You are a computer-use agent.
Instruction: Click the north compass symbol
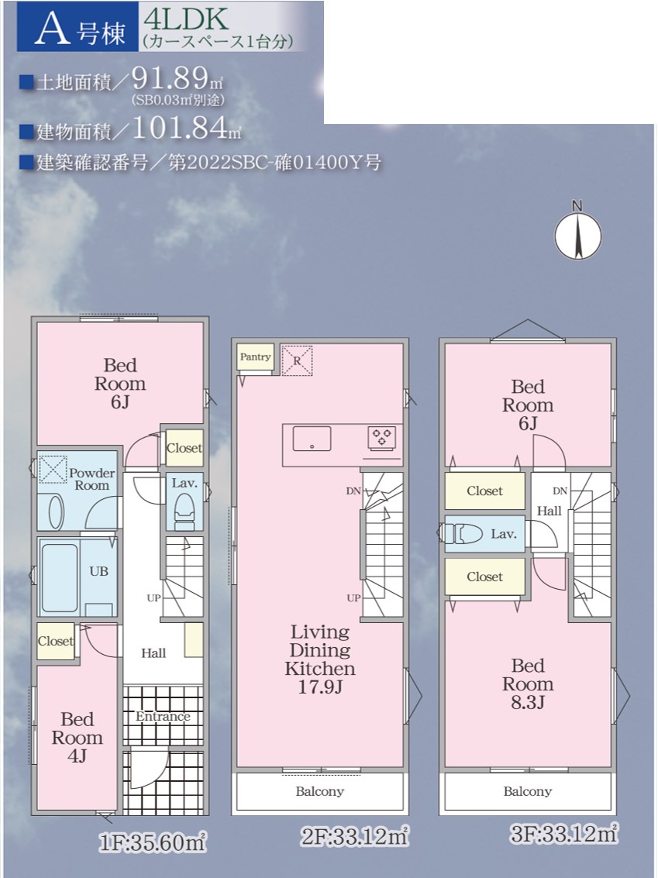point(578,235)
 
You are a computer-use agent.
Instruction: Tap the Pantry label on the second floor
point(255,357)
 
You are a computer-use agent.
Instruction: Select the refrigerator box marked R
point(297,360)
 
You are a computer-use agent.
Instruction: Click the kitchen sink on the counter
point(312,439)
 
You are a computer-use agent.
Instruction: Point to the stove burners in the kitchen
point(382,437)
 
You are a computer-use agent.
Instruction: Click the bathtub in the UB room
point(59,578)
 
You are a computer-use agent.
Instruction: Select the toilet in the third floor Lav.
point(461,534)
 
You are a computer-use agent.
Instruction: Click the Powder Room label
point(91,480)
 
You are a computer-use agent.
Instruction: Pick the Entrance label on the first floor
point(163,717)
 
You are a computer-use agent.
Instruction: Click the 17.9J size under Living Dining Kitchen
point(320,687)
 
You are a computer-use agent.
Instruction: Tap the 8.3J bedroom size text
point(528,702)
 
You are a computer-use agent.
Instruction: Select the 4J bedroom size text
point(78,756)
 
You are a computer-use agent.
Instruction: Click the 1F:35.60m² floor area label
point(153,842)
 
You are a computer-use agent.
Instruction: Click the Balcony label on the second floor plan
point(320,791)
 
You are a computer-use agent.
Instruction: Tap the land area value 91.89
point(171,78)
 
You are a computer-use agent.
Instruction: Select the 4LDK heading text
point(186,19)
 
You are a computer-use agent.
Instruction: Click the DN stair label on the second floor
point(353,491)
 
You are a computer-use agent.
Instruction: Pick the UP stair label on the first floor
point(154,598)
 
